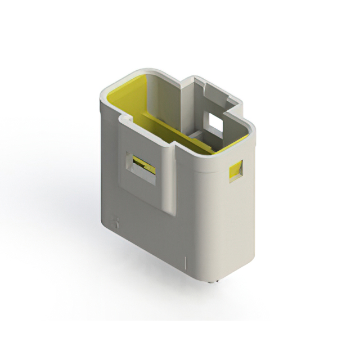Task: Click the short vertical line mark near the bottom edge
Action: [186, 263]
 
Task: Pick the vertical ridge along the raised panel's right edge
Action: [170, 180]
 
